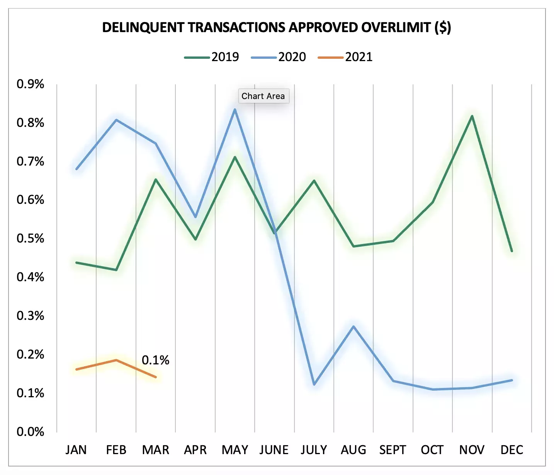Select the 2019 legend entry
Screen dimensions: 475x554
212,57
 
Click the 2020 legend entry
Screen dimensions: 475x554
279,57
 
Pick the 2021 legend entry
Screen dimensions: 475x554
345,57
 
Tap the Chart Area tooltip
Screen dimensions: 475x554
263,96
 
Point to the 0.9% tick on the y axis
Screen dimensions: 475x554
30,84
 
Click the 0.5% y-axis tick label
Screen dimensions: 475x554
30,238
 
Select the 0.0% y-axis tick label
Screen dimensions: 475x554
30,431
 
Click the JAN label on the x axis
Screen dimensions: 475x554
76,450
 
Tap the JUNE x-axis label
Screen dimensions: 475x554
274,450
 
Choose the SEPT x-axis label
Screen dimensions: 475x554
393,450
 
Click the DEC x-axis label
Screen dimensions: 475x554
512,450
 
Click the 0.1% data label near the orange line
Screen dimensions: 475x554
155,360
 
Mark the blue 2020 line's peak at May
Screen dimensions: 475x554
235,109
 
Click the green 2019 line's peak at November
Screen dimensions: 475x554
472,116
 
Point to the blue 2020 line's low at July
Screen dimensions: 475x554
314,384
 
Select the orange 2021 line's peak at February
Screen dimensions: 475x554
116,360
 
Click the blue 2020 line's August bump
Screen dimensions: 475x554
353,326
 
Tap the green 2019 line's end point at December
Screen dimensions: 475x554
512,251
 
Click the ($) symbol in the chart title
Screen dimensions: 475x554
442,27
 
